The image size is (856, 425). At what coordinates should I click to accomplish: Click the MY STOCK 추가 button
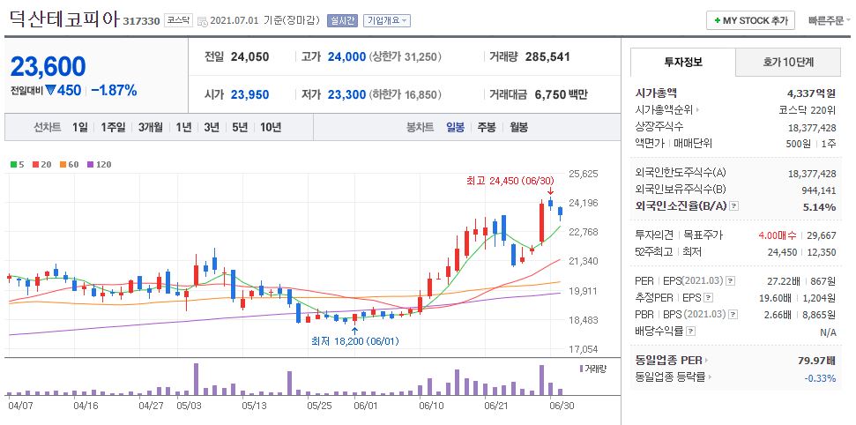[750, 20]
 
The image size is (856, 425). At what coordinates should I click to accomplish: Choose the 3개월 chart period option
[152, 127]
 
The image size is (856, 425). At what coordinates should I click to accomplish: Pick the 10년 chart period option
[271, 127]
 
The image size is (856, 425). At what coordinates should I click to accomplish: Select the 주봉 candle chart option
[486, 127]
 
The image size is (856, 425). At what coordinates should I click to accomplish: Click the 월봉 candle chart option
[518, 127]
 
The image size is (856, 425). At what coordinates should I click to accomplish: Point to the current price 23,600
[48, 66]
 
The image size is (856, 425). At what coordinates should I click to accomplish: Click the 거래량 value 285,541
[547, 56]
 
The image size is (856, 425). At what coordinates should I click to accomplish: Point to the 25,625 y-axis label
[584, 174]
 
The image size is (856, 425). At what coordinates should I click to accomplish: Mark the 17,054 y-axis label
[584, 349]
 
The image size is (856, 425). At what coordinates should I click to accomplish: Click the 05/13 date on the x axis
[254, 406]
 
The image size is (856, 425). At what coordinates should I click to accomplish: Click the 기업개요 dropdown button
[388, 20]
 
